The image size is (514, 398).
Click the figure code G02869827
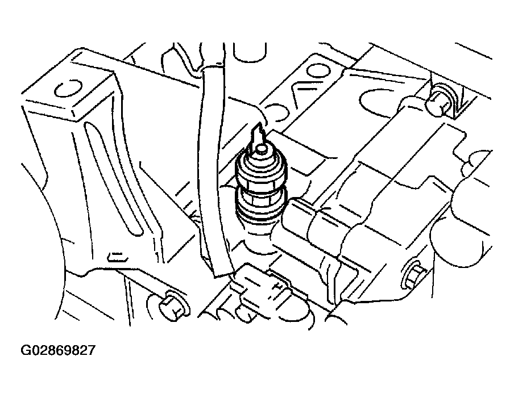57,350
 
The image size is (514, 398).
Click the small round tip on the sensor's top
261,149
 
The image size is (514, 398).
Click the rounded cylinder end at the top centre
250,52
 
